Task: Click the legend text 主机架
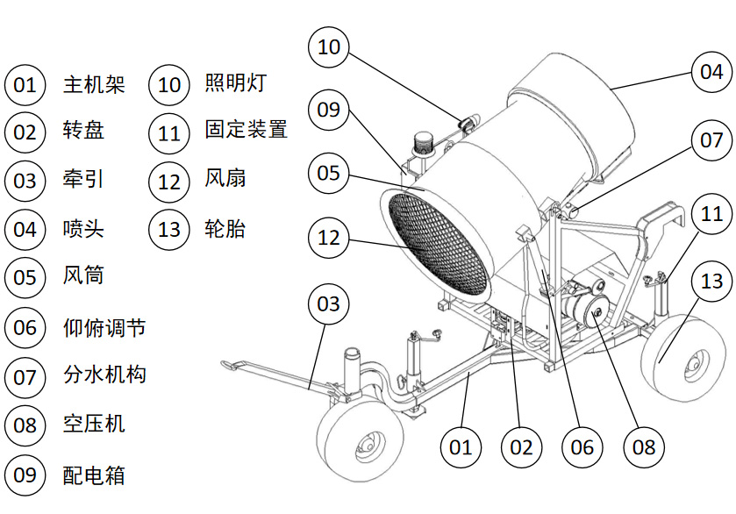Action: pos(94,85)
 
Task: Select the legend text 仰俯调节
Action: pos(104,328)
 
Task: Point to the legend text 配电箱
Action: pos(94,475)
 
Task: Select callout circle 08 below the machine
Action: pos(643,447)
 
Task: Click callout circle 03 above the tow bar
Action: pos(327,304)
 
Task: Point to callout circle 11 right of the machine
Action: pos(711,213)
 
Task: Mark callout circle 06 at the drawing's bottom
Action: pos(582,447)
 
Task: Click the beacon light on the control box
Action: pos(423,141)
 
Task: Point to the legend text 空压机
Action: pos(94,425)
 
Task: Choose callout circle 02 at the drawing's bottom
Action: pos(521,447)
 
